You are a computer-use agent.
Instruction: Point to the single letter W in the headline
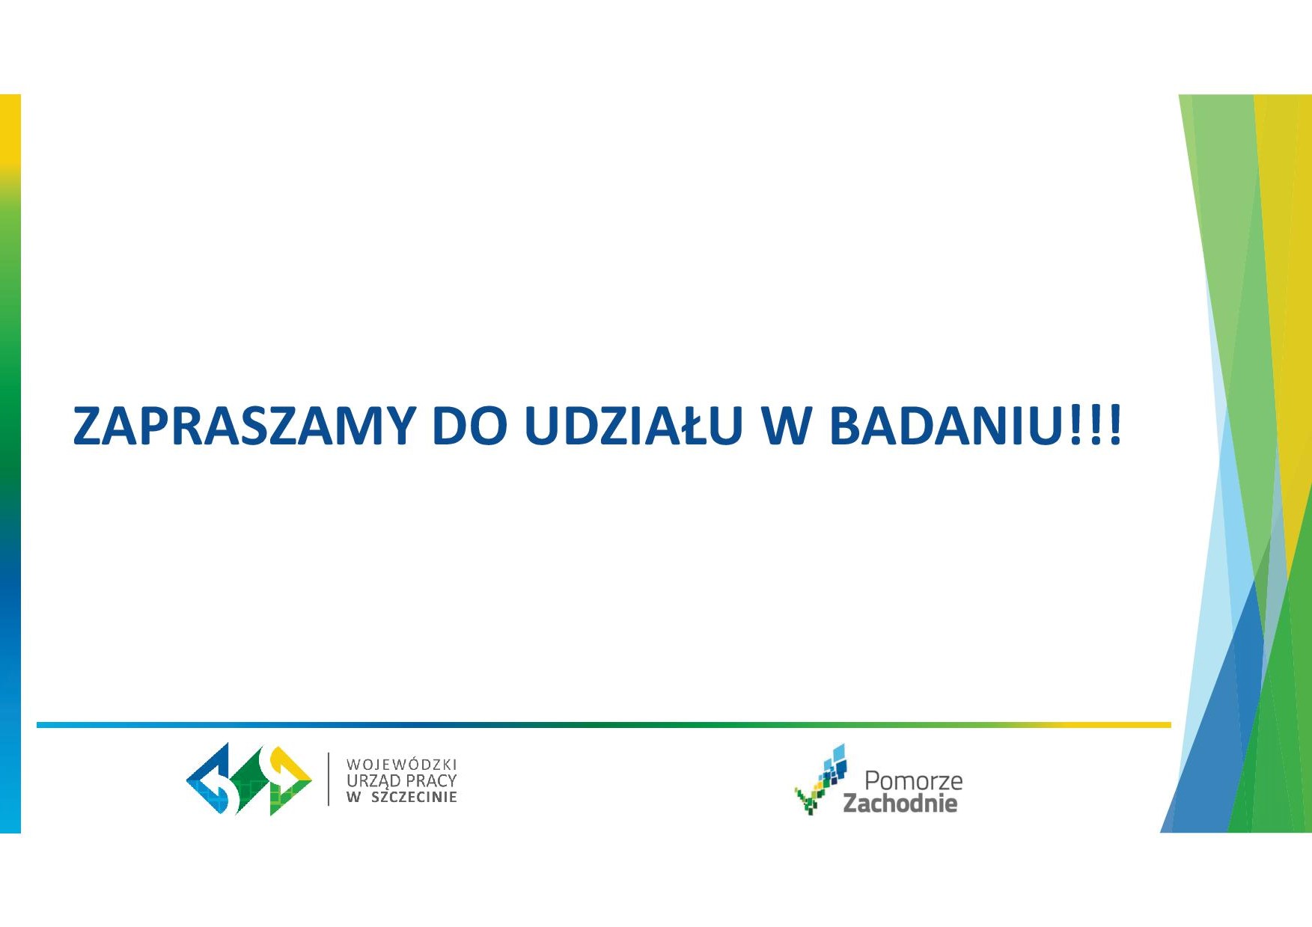tap(786, 426)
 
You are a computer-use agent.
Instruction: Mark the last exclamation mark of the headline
tap(1115, 426)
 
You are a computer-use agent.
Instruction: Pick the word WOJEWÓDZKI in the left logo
tap(401, 764)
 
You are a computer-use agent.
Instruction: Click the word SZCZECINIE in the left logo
tap(414, 797)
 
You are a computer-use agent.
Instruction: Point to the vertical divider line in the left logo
tap(329, 779)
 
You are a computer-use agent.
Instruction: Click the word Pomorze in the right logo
tap(913, 780)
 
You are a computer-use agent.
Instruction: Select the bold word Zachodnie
tap(900, 804)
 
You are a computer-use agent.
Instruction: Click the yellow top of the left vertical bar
tap(10, 127)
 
